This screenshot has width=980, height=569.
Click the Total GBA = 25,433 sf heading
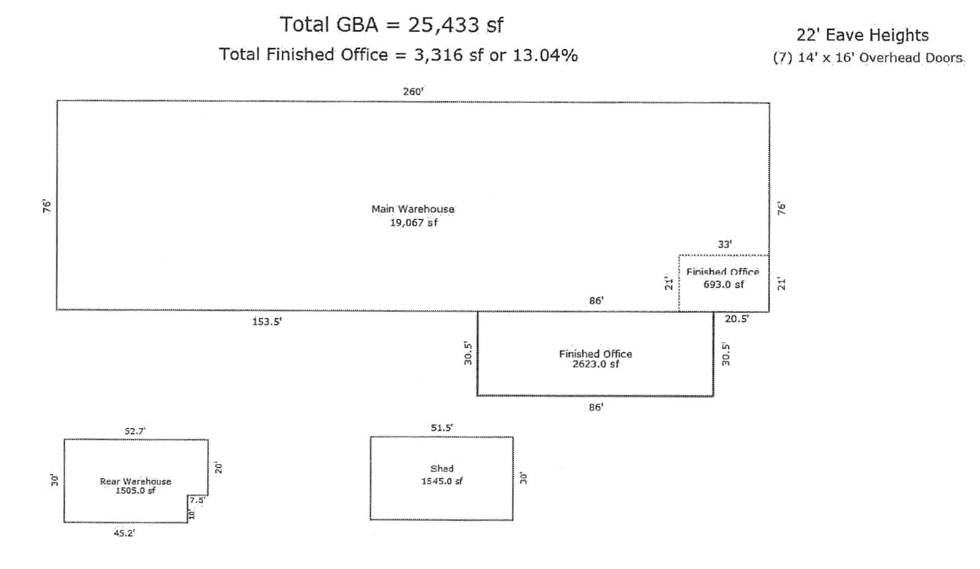[x=391, y=25]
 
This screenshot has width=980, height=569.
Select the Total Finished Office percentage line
[x=398, y=55]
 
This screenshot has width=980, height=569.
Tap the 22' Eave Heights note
[x=862, y=35]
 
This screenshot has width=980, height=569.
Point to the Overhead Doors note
[x=868, y=58]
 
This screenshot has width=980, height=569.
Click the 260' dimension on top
[x=413, y=91]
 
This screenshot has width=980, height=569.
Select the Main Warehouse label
[x=413, y=209]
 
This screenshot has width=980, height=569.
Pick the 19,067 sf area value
[x=413, y=223]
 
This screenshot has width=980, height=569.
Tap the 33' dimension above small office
[x=725, y=244]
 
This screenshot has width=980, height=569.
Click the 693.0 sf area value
[x=723, y=284]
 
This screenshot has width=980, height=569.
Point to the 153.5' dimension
[x=267, y=321]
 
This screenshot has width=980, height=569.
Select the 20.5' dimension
[x=737, y=319]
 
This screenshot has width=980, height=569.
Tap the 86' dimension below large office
[x=595, y=407]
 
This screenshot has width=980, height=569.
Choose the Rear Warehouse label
[x=135, y=481]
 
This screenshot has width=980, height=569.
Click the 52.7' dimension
[x=135, y=431]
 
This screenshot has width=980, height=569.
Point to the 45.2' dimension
[x=124, y=533]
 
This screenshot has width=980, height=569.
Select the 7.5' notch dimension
[x=197, y=500]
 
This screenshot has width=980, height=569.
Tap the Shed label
[x=441, y=468]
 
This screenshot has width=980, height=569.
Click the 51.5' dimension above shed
[x=441, y=428]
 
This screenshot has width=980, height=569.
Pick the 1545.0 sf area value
[x=441, y=481]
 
